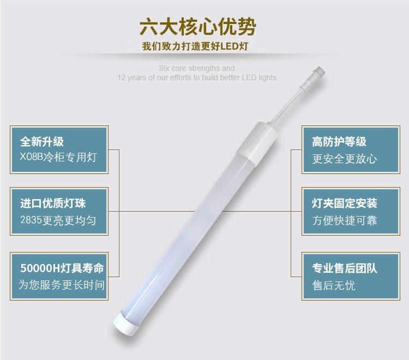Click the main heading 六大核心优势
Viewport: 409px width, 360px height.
click(197, 27)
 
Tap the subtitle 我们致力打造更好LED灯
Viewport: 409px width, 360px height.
click(195, 46)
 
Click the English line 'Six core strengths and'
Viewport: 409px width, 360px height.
click(197, 68)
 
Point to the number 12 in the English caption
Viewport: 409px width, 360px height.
click(121, 77)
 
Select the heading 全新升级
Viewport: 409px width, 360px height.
click(42, 141)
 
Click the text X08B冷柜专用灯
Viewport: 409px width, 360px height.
click(58, 157)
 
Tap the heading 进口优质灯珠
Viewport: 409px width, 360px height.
click(53, 203)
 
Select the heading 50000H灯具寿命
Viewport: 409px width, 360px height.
click(62, 268)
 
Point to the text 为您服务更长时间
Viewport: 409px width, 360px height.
click(62, 285)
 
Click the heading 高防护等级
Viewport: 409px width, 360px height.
click(339, 142)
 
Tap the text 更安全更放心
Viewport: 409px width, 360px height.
click(345, 159)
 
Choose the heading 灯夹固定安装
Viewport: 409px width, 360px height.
click(345, 203)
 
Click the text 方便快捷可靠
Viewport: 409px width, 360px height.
click(345, 220)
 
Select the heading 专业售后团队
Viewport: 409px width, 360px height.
click(345, 268)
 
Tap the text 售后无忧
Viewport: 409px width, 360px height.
click(334, 285)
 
